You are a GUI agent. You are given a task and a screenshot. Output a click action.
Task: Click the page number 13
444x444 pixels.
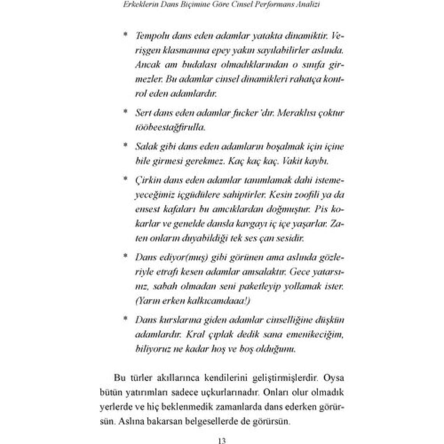coord(221,441)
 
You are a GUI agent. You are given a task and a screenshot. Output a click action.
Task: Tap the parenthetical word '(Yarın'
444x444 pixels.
coord(146,301)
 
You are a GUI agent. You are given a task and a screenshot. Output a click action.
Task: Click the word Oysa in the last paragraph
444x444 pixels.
coord(334,378)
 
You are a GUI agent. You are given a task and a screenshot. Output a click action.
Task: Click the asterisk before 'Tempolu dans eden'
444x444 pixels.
coord(125,36)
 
